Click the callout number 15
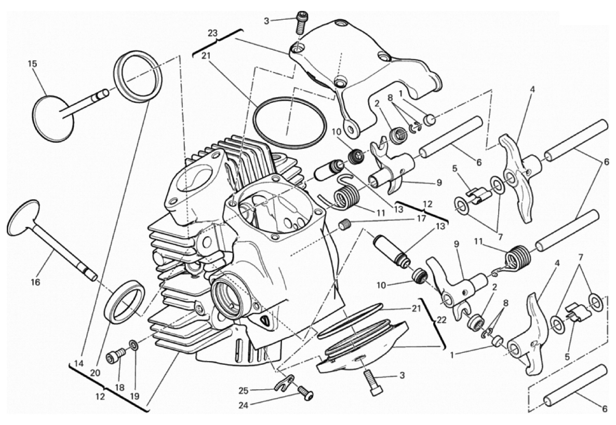pos(33,64)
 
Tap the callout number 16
pos(35,282)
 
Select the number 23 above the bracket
pos(212,33)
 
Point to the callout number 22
pos(441,320)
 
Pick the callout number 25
pos(244,390)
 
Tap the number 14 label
pos(79,364)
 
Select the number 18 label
pos(120,388)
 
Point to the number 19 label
pos(135,396)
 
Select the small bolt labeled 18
pos(115,355)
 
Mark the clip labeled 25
pos(284,384)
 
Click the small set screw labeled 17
pos(344,226)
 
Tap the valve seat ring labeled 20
pos(124,302)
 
